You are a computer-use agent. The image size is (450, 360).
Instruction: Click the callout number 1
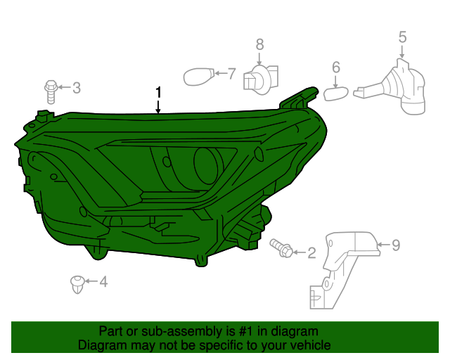pyautogui.click(x=159, y=92)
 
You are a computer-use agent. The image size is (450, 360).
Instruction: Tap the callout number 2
pyautogui.click(x=311, y=252)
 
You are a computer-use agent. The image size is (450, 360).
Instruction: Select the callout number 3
pyautogui.click(x=77, y=88)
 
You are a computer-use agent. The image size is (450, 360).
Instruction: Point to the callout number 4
pyautogui.click(x=103, y=283)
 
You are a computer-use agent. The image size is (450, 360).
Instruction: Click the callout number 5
pyautogui.click(x=402, y=36)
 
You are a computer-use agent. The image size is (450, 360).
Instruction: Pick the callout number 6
pyautogui.click(x=336, y=67)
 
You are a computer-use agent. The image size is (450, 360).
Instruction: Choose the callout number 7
pyautogui.click(x=231, y=72)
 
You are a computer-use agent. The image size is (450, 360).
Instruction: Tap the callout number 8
pyautogui.click(x=259, y=44)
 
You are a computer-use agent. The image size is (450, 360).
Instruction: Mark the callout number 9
pyautogui.click(x=395, y=245)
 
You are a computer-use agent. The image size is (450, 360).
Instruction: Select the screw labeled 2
pyautogui.click(x=281, y=247)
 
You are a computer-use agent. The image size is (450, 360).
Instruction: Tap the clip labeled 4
pyautogui.click(x=77, y=285)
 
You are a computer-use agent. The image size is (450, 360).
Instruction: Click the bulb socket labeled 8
pyautogui.click(x=259, y=79)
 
